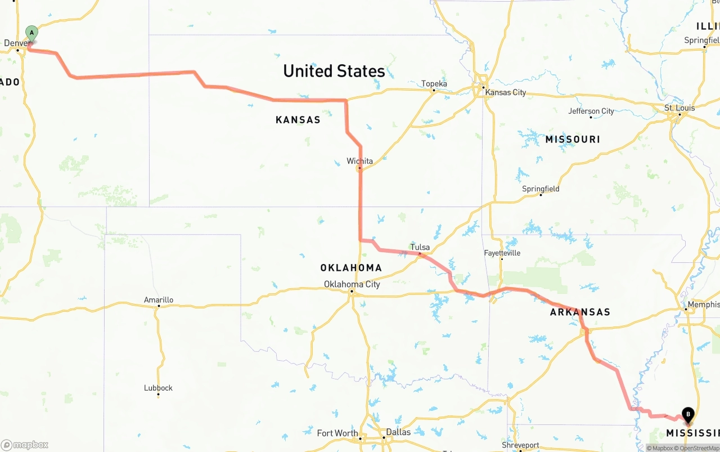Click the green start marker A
[31, 33]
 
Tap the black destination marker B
[687, 415]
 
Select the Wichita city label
[359, 161]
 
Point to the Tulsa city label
[420, 247]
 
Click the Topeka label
[434, 84]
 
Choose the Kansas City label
[505, 92]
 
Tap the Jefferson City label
[591, 111]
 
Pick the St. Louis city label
[679, 108]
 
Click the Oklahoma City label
[352, 284]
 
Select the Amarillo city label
[159, 300]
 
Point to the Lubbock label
[158, 388]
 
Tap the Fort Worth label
[337, 433]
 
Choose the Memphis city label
[703, 305]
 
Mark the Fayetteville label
[502, 253]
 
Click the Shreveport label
[520, 445]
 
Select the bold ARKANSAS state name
[580, 312]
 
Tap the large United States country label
[334, 71]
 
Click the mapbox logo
[25, 445]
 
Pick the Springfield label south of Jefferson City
[541, 189]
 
